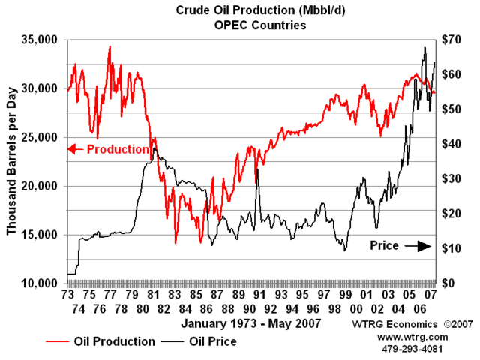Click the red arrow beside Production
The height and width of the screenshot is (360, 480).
(75, 148)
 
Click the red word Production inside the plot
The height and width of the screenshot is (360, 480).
(118, 148)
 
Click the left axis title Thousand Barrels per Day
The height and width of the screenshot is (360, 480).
(12, 161)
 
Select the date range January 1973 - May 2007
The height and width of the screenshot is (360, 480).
(251, 323)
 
